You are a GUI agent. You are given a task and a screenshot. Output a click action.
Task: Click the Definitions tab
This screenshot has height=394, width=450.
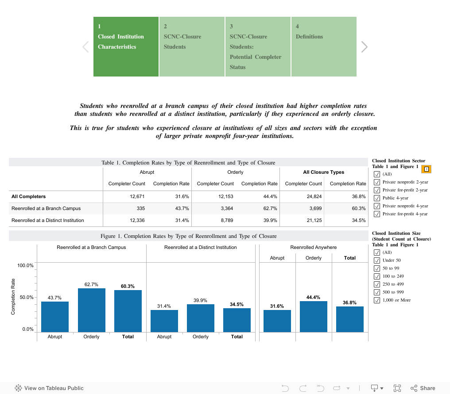click(x=324, y=46)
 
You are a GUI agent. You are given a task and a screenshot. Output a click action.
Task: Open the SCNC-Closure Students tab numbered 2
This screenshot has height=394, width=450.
click(x=191, y=46)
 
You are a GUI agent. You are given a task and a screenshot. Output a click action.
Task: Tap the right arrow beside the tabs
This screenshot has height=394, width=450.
click(x=364, y=47)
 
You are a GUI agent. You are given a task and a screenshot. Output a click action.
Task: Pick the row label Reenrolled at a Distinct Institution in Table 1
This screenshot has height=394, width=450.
click(x=47, y=220)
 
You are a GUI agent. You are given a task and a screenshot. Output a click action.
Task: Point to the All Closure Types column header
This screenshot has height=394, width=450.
click(x=323, y=172)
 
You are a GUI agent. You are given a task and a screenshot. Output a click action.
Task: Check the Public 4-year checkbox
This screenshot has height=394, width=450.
click(x=377, y=198)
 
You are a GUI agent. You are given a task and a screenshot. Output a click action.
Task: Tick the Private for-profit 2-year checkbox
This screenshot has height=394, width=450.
click(x=377, y=190)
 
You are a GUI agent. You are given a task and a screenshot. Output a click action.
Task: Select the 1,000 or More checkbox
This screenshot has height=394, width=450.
click(x=377, y=300)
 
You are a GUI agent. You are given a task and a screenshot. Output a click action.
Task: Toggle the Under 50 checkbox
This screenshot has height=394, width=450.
click(x=377, y=260)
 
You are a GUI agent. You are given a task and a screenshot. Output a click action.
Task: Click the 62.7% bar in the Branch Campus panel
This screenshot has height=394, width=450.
click(x=91, y=310)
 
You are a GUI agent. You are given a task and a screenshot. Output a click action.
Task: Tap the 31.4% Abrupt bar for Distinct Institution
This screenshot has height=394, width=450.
click(x=164, y=321)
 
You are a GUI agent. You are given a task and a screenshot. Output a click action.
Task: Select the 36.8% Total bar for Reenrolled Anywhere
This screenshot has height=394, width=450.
click(x=349, y=319)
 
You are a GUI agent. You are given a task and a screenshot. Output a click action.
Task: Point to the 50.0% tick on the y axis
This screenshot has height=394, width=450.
click(x=26, y=298)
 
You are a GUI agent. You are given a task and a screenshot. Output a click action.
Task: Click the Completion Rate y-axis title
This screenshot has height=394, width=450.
click(x=13, y=297)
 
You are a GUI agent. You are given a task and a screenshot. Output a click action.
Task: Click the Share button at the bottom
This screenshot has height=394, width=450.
click(x=423, y=388)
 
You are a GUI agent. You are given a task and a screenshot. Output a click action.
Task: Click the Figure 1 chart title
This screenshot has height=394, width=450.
click(x=188, y=236)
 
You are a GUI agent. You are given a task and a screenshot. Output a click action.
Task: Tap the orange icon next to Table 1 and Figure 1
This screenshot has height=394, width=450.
click(x=427, y=169)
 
